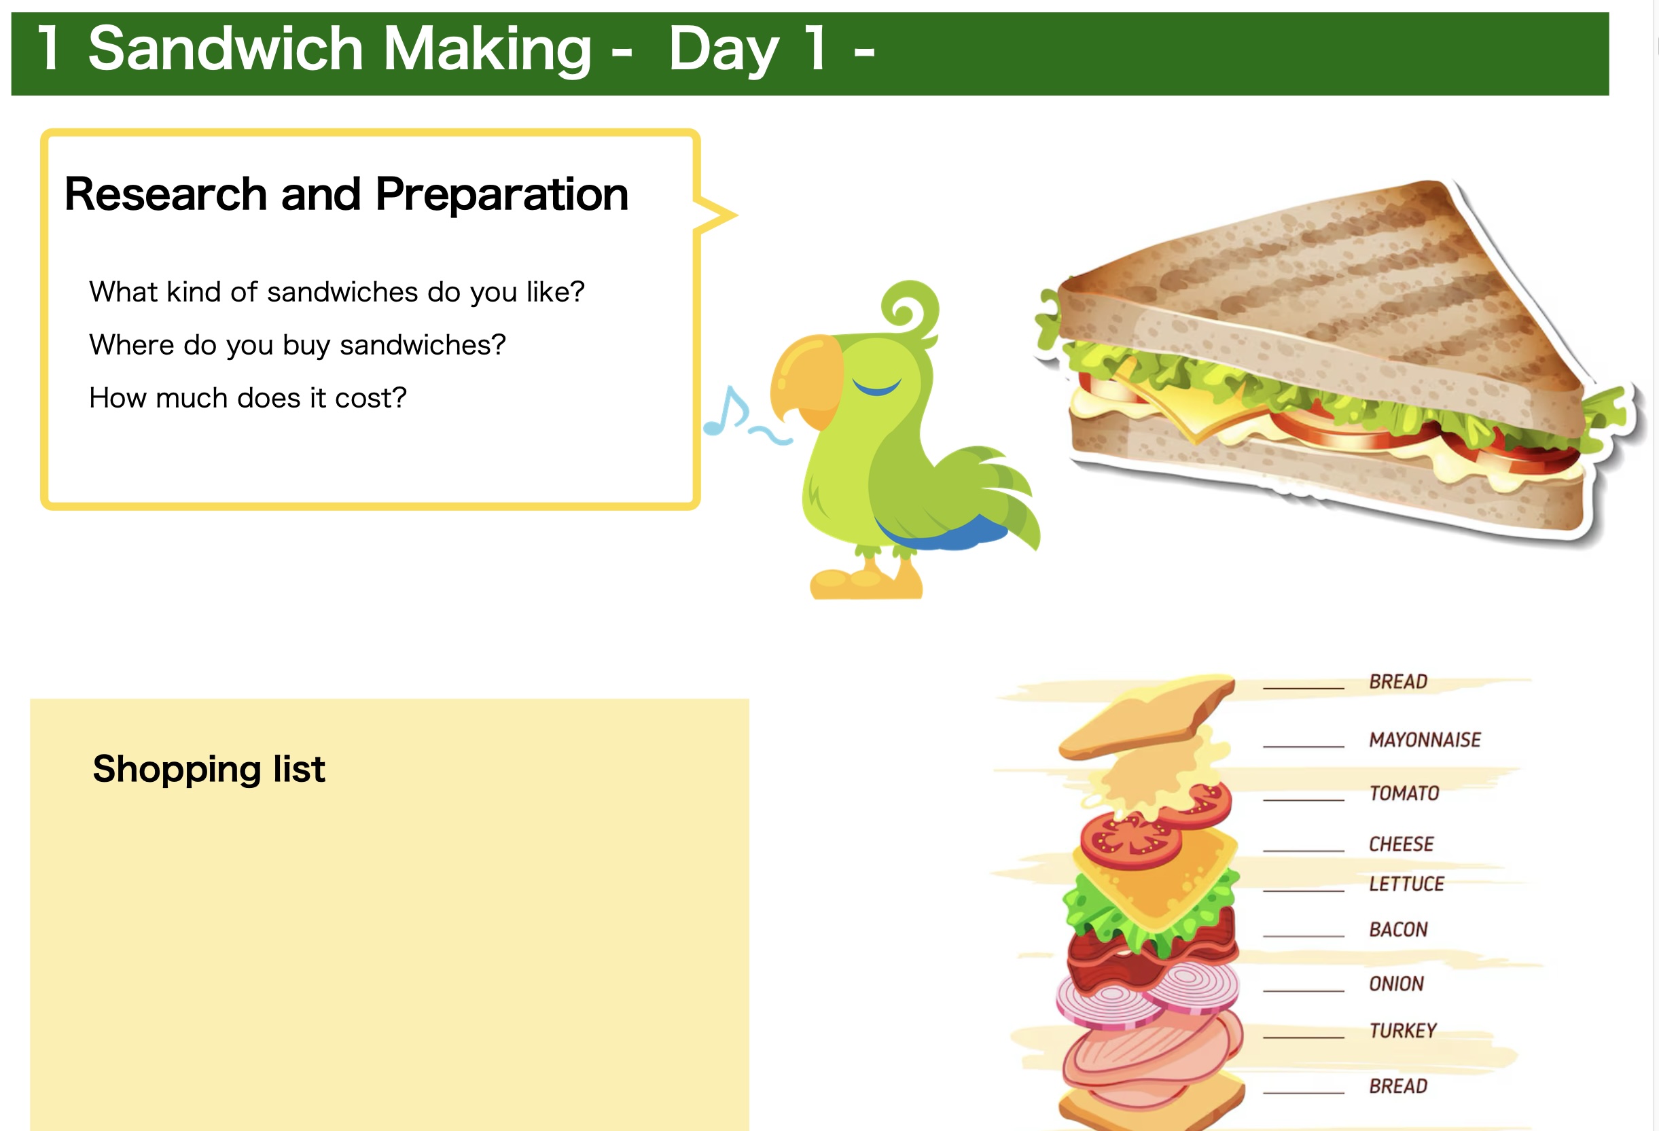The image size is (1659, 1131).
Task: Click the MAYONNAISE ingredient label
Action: [1425, 739]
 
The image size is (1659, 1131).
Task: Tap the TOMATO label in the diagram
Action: [1404, 793]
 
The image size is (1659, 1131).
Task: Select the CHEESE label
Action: [1402, 844]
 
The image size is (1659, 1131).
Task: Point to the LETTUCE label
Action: [1406, 884]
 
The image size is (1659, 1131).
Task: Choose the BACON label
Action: [1398, 929]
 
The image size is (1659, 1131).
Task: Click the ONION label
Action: [1396, 984]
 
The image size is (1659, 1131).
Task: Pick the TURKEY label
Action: [1403, 1030]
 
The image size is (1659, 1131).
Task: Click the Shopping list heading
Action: [209, 769]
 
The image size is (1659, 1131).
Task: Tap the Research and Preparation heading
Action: [346, 194]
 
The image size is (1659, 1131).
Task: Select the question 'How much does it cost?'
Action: [248, 398]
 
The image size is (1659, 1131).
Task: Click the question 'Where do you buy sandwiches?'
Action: [297, 345]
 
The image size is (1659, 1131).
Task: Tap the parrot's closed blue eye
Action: [876, 387]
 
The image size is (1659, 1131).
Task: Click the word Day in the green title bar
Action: [724, 48]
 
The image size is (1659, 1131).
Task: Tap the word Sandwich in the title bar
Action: [226, 48]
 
